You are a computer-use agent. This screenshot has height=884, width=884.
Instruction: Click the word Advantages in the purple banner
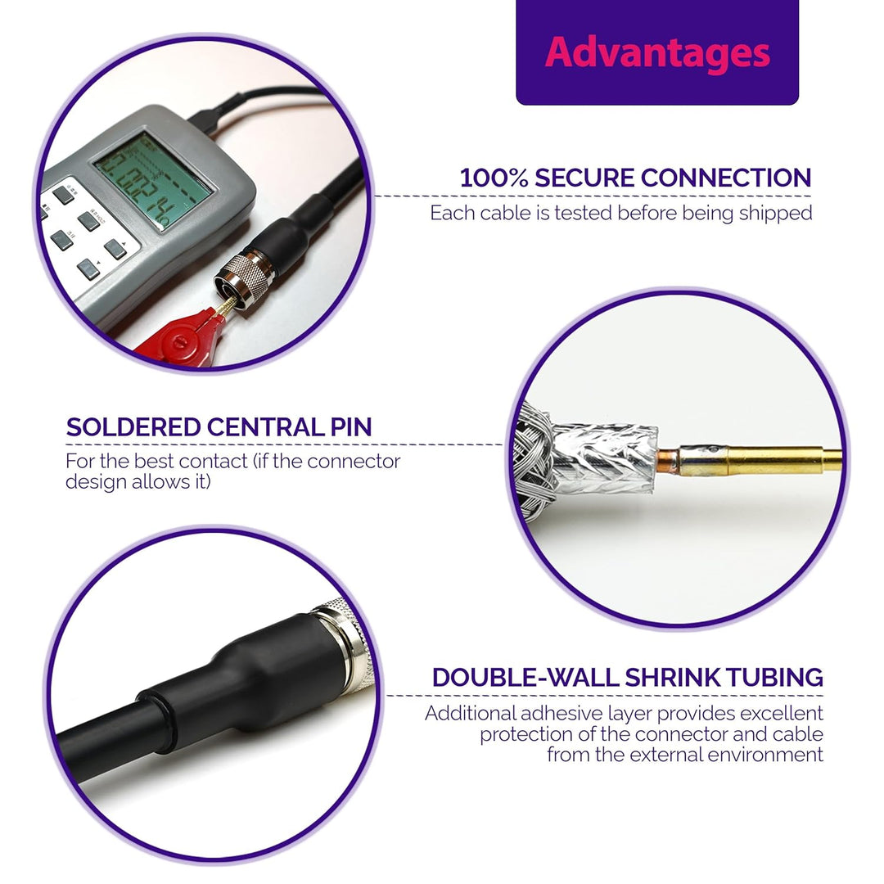[657, 53]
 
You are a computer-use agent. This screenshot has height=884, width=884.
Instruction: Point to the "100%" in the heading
[494, 178]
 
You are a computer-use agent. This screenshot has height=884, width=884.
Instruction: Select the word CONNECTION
[726, 178]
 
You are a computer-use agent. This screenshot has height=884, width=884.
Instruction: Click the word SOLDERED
[133, 427]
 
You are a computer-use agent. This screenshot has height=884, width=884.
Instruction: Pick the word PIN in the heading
[350, 427]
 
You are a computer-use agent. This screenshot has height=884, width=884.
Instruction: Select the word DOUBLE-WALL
[525, 678]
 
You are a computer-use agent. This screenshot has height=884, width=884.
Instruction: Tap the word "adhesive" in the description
[562, 714]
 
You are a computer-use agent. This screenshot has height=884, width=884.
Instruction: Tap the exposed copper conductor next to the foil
[668, 458]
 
